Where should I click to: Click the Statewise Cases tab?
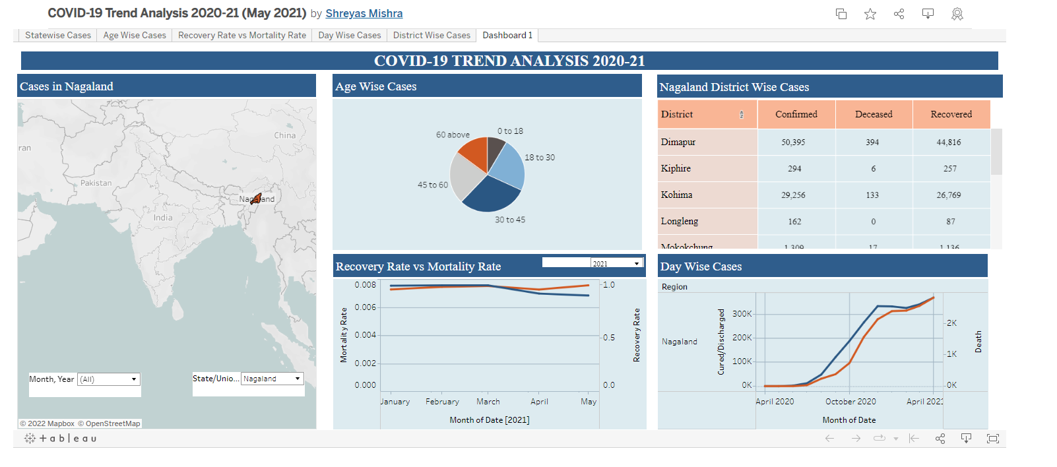(58, 36)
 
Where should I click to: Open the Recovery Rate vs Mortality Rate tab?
(242, 36)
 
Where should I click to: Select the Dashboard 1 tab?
(507, 36)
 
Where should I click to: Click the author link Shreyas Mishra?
(364, 14)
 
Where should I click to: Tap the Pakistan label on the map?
(96, 183)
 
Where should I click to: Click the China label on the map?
(285, 136)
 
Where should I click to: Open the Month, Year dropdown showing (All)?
(109, 379)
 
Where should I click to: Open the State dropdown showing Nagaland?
(272, 379)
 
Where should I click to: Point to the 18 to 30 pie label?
(540, 158)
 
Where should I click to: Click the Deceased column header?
(874, 115)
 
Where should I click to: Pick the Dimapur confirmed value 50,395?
(793, 142)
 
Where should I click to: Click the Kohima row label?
(677, 195)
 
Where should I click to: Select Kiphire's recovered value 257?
(950, 169)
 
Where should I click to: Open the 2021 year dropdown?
(617, 264)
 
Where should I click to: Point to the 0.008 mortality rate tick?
(365, 285)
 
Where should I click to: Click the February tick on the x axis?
(442, 402)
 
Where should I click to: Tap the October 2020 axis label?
(850, 402)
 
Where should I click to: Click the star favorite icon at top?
(870, 14)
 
